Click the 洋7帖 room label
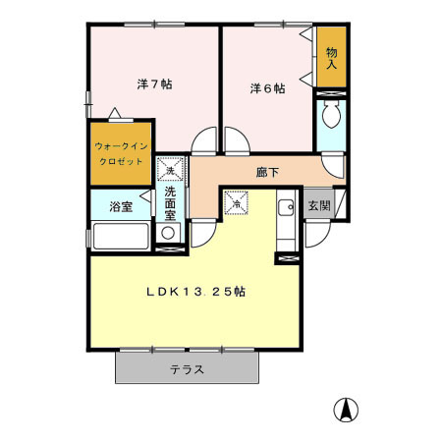[154, 84]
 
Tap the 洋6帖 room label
[267, 88]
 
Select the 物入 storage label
[331, 58]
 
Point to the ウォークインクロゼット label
[121, 154]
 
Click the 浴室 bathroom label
[121, 207]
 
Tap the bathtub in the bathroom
[121, 236]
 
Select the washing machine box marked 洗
[170, 169]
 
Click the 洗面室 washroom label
[170, 203]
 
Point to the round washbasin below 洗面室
[168, 233]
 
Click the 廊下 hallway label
[267, 172]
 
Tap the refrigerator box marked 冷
[236, 203]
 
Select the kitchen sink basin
[286, 207]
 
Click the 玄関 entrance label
[319, 206]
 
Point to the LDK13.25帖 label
[195, 292]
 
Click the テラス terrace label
[187, 369]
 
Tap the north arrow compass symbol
[346, 410]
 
